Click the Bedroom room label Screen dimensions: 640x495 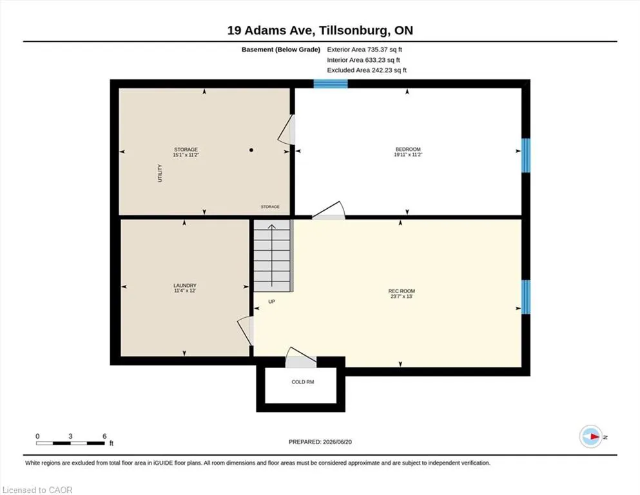[x=408, y=150]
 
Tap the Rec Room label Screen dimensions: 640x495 [x=402, y=291]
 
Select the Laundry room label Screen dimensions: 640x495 [x=185, y=286]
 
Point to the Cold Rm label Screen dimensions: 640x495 [x=303, y=382]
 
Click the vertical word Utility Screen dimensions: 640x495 [x=160, y=173]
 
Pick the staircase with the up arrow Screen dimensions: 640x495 [x=272, y=255]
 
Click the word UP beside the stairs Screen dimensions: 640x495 [x=272, y=302]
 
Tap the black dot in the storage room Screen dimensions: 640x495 [x=251, y=150]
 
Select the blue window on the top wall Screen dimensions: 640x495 [x=331, y=84]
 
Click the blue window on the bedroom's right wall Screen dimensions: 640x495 [x=526, y=155]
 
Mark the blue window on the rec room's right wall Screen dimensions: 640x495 [x=526, y=296]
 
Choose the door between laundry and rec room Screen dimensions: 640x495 [x=246, y=331]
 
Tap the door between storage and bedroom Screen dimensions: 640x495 [x=287, y=130]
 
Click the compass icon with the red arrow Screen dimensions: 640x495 [x=591, y=436]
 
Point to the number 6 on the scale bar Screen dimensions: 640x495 [x=104, y=436]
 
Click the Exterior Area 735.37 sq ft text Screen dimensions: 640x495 [x=365, y=50]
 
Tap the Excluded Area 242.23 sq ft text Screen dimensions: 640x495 [x=367, y=70]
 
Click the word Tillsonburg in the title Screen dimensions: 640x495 [x=353, y=30]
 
